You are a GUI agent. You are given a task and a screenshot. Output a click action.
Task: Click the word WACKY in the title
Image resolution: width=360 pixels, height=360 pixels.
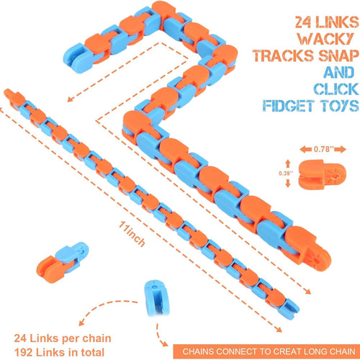click(325, 38)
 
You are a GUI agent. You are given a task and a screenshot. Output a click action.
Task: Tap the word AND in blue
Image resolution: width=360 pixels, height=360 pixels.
click(338, 72)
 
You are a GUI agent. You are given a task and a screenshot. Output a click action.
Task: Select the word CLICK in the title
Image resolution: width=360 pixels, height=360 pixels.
click(336, 89)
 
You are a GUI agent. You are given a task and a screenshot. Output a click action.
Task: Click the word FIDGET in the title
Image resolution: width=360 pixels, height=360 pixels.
click(288, 106)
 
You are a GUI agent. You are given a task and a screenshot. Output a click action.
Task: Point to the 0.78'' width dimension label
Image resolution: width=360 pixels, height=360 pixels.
click(323, 149)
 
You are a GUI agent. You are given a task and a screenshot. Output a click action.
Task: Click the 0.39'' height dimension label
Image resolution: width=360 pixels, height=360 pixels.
click(285, 173)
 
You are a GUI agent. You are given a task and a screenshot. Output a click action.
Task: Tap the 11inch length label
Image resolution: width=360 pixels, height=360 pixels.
click(132, 234)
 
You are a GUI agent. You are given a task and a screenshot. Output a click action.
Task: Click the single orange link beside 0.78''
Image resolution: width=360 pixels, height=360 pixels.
click(322, 174)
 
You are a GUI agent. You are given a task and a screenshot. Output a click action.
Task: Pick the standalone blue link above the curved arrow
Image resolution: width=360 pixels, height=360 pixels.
click(156, 297)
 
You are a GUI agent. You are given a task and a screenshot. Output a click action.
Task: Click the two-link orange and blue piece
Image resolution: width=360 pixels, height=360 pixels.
click(62, 263)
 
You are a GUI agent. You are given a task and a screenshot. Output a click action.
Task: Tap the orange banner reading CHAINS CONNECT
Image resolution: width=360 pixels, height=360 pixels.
click(266, 351)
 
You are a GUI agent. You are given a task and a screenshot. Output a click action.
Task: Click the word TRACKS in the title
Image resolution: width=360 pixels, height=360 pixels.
click(283, 55)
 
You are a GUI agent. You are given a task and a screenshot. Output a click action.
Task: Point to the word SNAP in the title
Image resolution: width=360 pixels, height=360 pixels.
click(338, 55)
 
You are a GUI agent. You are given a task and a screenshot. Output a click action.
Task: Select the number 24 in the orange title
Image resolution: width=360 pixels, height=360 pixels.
click(303, 22)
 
